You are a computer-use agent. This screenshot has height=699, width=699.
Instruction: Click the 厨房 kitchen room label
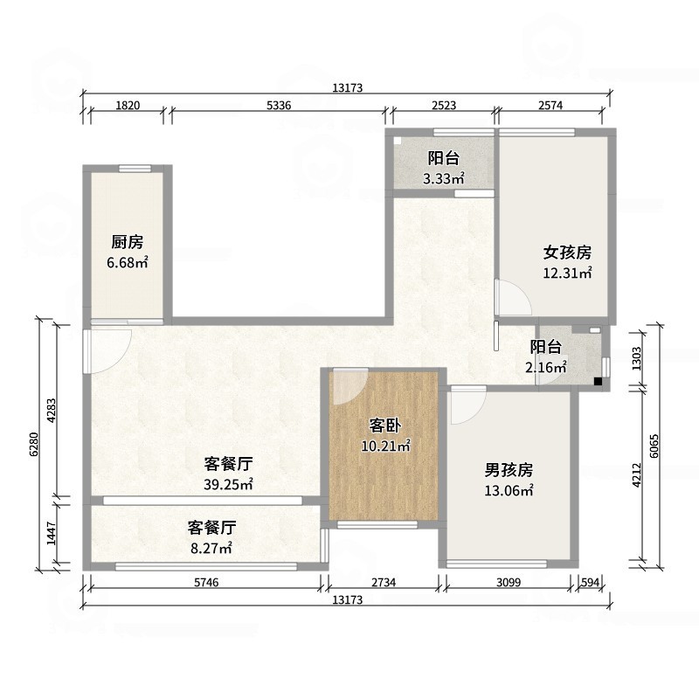point(127,243)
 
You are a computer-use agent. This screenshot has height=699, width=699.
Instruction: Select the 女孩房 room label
point(568,253)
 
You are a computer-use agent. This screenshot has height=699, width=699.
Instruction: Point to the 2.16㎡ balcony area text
point(546,368)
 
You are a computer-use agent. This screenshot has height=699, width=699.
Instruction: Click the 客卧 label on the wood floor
point(385,426)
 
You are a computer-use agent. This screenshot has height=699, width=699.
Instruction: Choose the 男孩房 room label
point(509,469)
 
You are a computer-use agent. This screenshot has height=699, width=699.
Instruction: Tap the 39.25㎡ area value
point(229,484)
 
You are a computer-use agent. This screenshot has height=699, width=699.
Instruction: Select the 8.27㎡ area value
point(211,549)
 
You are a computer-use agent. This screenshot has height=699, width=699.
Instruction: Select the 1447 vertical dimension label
point(52,533)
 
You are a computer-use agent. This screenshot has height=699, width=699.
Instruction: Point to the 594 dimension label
point(592,582)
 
